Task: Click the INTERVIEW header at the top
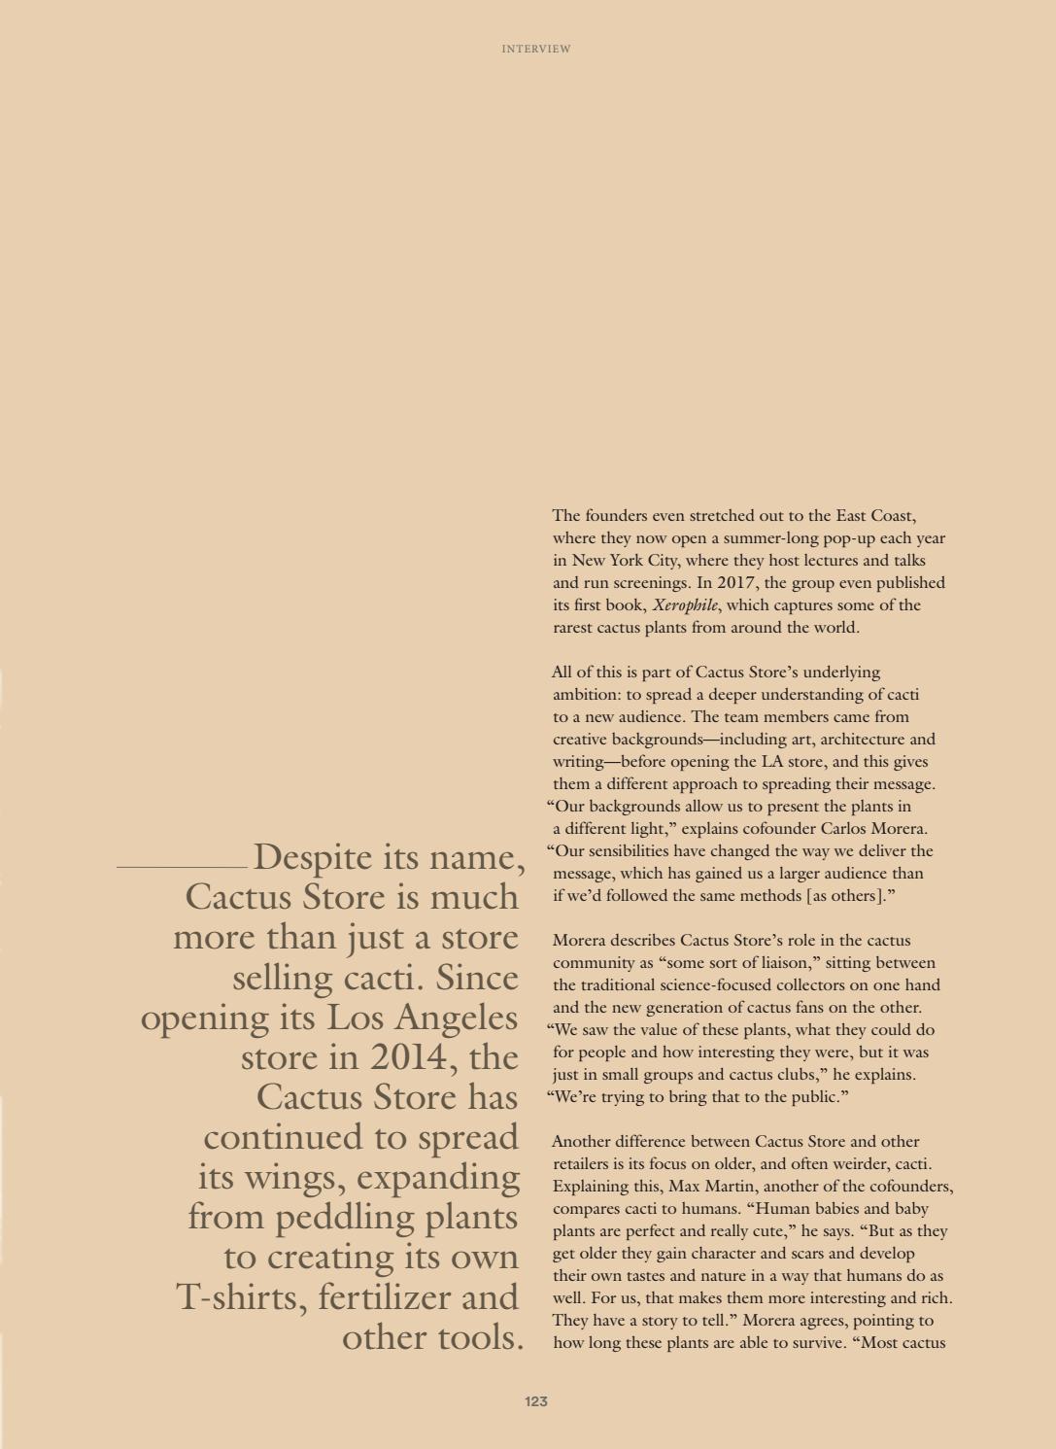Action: coord(536,49)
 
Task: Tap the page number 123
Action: coord(536,1400)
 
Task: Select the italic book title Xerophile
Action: coord(686,604)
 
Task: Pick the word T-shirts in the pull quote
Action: coord(243,1296)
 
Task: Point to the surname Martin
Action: coord(736,1186)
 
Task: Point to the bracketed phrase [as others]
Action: coord(847,895)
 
